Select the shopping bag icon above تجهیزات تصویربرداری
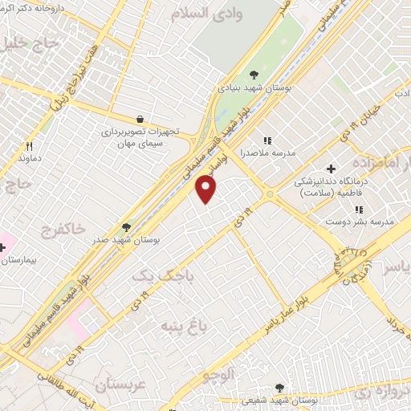(x=140, y=119)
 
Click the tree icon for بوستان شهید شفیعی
(x=279, y=388)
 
